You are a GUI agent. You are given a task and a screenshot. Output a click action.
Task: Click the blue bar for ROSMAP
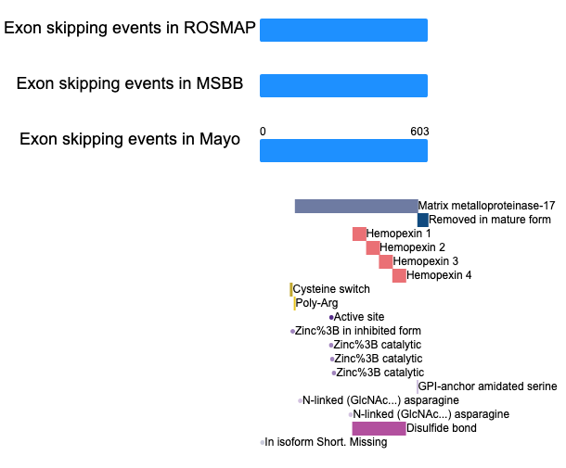pos(343,31)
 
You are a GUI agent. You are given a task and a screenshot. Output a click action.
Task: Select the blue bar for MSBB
pos(343,86)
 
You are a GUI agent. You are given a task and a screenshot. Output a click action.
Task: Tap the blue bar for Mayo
pos(343,151)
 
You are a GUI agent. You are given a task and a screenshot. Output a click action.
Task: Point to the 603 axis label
pos(419,132)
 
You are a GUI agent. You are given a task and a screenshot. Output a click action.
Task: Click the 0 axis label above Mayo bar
pos(263,132)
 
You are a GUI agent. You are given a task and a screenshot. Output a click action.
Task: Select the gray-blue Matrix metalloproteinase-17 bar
pos(356,207)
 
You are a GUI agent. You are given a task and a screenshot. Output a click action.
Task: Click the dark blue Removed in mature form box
pos(423,220)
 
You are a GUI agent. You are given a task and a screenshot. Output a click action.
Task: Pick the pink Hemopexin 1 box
pos(359,234)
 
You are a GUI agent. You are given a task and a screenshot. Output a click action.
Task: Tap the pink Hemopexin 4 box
pos(399,276)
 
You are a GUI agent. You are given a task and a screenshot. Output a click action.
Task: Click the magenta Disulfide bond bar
pos(379,429)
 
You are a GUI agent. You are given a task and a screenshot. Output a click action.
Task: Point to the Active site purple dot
pos(331,318)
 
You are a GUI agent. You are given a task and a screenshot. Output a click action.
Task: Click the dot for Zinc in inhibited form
pos(292,332)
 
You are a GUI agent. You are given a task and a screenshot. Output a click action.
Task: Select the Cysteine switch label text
pos(331,289)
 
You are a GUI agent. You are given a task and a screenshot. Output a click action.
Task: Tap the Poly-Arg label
pos(316,303)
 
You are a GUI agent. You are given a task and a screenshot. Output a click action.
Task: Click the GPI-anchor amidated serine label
pos(487,386)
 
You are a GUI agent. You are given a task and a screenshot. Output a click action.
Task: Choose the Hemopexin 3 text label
pos(426,261)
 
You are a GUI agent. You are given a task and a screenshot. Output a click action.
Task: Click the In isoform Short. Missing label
pos(326,442)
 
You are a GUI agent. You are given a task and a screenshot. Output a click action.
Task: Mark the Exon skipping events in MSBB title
pos(130,83)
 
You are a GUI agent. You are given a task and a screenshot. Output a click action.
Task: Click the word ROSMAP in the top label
pos(220,28)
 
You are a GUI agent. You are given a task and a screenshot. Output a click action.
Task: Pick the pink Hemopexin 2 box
pos(373,248)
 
